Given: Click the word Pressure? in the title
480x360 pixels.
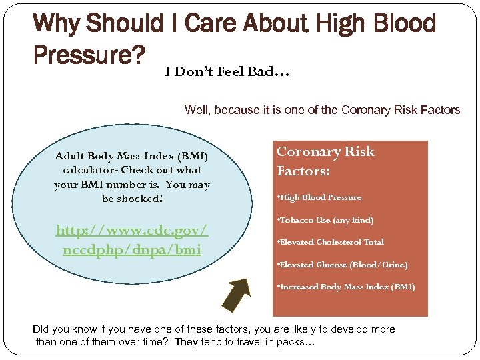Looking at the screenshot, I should [89, 56].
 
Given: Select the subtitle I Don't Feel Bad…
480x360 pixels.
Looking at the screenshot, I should [227, 72].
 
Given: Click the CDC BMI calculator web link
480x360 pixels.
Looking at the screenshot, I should [132, 240].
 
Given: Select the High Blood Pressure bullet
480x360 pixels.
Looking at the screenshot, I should [319, 197].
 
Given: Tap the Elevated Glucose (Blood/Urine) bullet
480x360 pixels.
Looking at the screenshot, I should [342, 265].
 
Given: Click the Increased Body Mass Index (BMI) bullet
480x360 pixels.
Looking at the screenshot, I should [345, 287].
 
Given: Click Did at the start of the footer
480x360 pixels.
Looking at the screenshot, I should [41, 329].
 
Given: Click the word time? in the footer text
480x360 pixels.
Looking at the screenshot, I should [151, 343].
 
